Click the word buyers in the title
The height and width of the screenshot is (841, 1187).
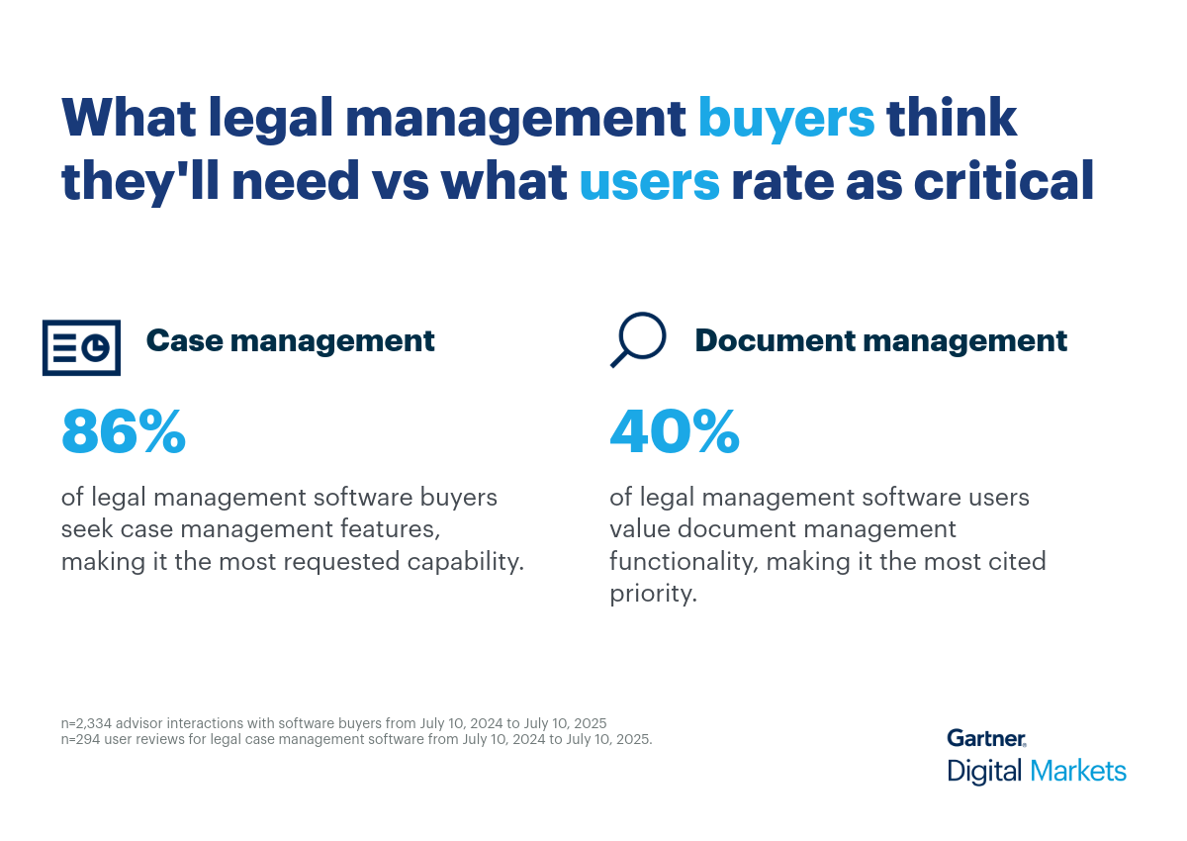[x=786, y=119]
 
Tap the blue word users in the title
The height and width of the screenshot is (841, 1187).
[x=649, y=182]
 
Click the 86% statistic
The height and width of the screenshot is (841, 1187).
[x=124, y=432]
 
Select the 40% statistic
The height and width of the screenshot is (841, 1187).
[x=674, y=432]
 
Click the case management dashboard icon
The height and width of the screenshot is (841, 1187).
[x=81, y=347]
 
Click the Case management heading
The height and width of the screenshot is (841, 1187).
[x=290, y=340]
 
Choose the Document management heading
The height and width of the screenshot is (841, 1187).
[x=880, y=340]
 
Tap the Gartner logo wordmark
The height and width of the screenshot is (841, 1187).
[x=986, y=738]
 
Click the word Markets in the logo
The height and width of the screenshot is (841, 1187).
[x=1077, y=771]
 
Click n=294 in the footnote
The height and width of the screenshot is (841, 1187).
[x=83, y=739]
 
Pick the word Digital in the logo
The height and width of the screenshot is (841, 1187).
[x=985, y=771]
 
